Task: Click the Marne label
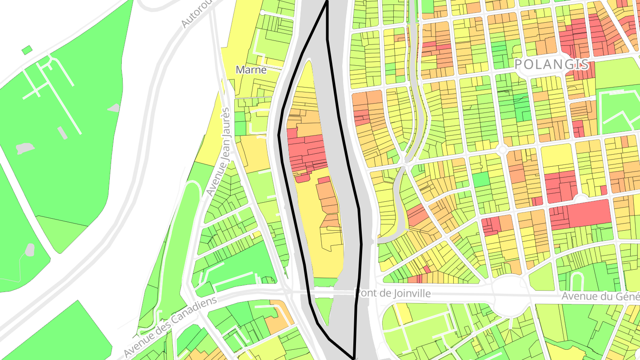tap(251, 70)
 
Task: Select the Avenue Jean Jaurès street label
tap(218, 151)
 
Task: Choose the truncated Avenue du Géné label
tap(600, 296)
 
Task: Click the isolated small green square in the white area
tap(27, 50)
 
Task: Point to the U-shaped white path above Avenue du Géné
tap(576, 280)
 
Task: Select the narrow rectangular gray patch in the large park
tap(62, 132)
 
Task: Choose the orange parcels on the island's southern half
tap(328, 200)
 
